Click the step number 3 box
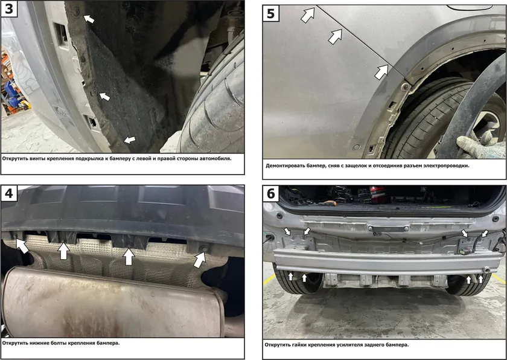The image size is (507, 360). (8, 8)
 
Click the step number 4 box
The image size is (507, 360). (8, 193)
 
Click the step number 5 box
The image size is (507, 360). (271, 13)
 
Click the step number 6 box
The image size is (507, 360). (271, 193)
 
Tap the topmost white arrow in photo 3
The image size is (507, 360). (89, 19)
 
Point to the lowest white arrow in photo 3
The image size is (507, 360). (130, 140)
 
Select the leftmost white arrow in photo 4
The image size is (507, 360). (22, 246)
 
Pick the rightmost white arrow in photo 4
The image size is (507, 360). (200, 259)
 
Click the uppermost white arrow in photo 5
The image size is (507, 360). (308, 15)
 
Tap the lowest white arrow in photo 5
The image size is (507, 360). (381, 72)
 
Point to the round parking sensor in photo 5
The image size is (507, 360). (356, 147)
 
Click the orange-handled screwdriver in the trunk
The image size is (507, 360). (326, 203)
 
